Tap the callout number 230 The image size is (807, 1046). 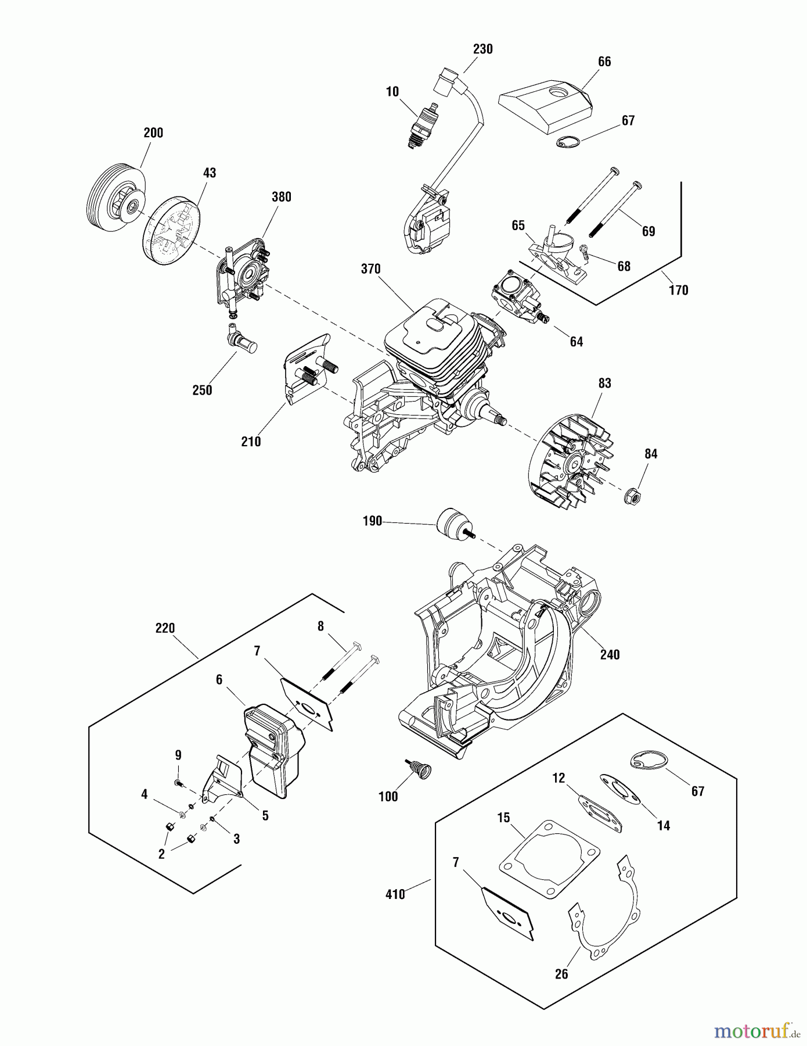(x=482, y=49)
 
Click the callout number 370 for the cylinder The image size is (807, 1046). (x=370, y=269)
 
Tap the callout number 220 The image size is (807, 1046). (x=165, y=628)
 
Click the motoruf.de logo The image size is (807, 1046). (x=754, y=1031)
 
